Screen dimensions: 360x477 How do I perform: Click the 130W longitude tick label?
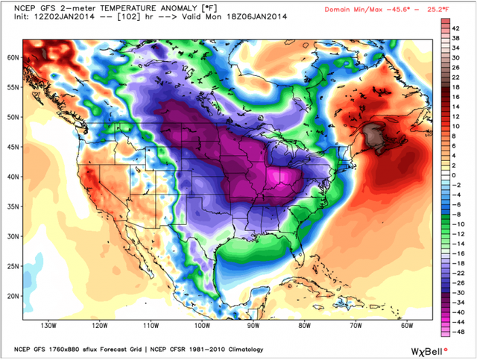coord(48,325)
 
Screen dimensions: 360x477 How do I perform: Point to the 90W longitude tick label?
coord(253,325)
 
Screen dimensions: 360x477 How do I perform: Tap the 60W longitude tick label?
coord(406,325)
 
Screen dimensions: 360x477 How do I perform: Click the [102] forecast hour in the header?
coord(110,19)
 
